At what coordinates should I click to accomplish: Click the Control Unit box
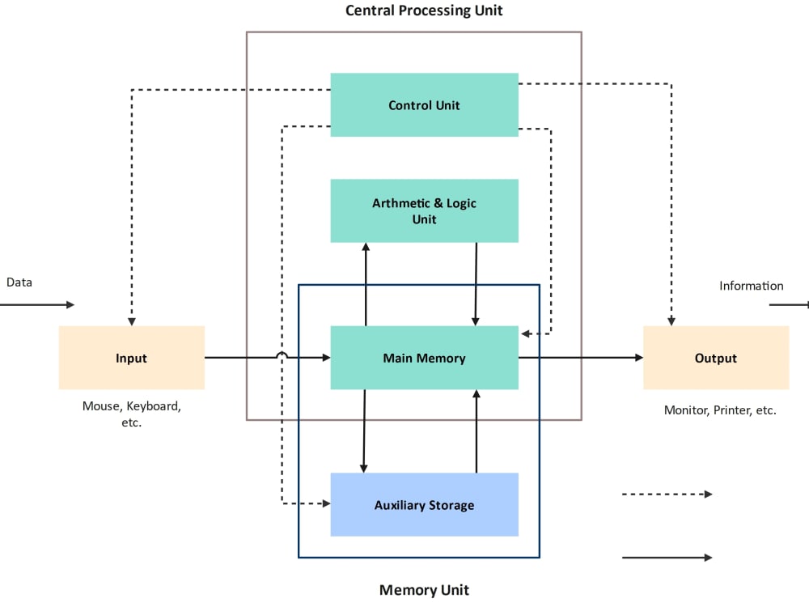click(x=424, y=105)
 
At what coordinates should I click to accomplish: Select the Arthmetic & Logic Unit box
click(x=424, y=211)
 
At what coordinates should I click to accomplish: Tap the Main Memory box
click(x=424, y=358)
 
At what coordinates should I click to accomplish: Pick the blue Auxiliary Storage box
click(x=424, y=505)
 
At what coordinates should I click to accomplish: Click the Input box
click(x=131, y=358)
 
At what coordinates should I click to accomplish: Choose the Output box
click(x=715, y=358)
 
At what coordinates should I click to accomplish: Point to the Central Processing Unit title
click(x=424, y=11)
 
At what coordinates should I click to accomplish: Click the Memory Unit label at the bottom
click(x=424, y=590)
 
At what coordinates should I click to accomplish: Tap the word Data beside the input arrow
click(x=19, y=282)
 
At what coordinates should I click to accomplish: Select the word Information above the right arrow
click(x=751, y=286)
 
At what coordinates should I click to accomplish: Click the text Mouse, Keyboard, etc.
click(x=131, y=414)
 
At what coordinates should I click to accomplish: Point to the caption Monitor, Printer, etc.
click(x=720, y=410)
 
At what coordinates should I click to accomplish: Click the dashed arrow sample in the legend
click(x=667, y=494)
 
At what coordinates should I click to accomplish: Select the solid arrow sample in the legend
click(x=667, y=558)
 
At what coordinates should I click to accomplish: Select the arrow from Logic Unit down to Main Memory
click(x=476, y=283)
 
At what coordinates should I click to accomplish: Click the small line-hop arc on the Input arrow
click(x=282, y=355)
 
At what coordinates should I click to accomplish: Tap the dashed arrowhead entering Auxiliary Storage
click(x=326, y=503)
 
